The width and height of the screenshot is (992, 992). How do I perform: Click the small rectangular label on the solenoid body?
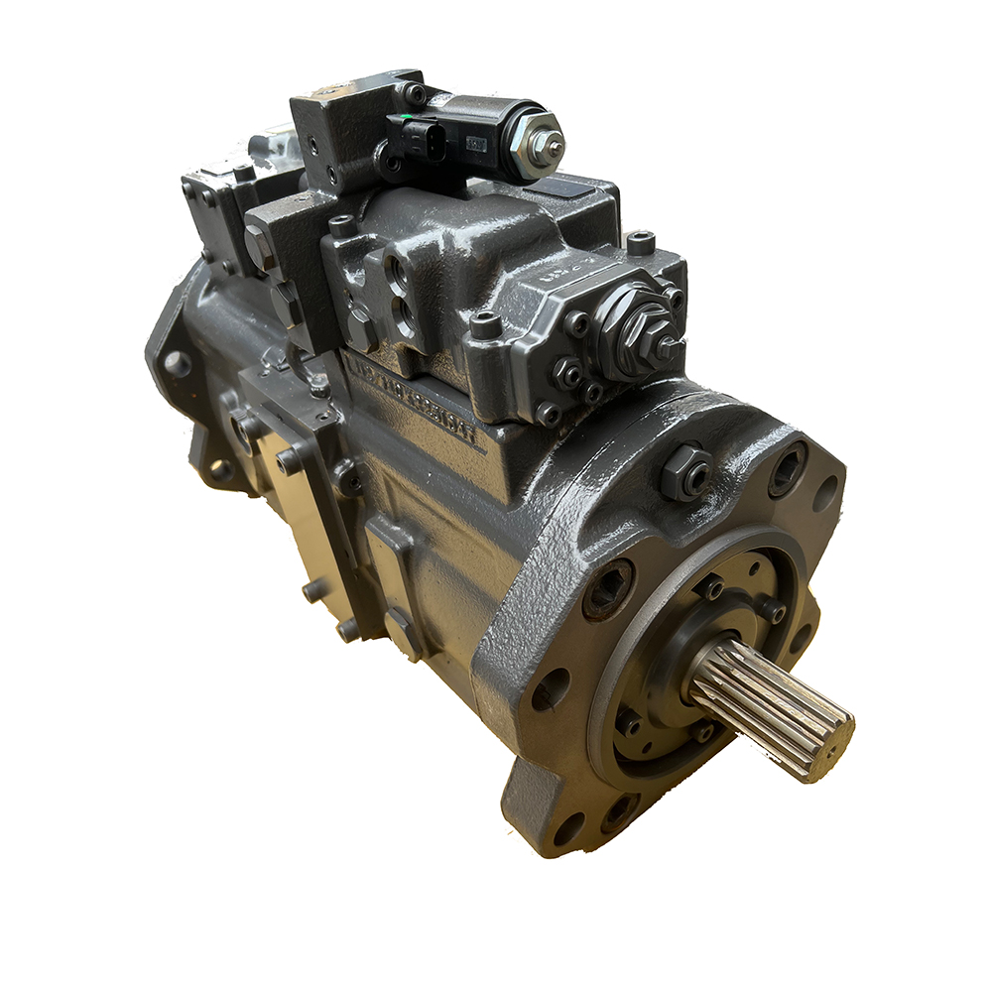477,143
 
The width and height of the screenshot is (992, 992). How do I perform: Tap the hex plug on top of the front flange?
685,471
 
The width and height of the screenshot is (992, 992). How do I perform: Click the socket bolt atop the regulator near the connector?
342,226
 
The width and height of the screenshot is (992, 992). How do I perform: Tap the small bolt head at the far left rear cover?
177,363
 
